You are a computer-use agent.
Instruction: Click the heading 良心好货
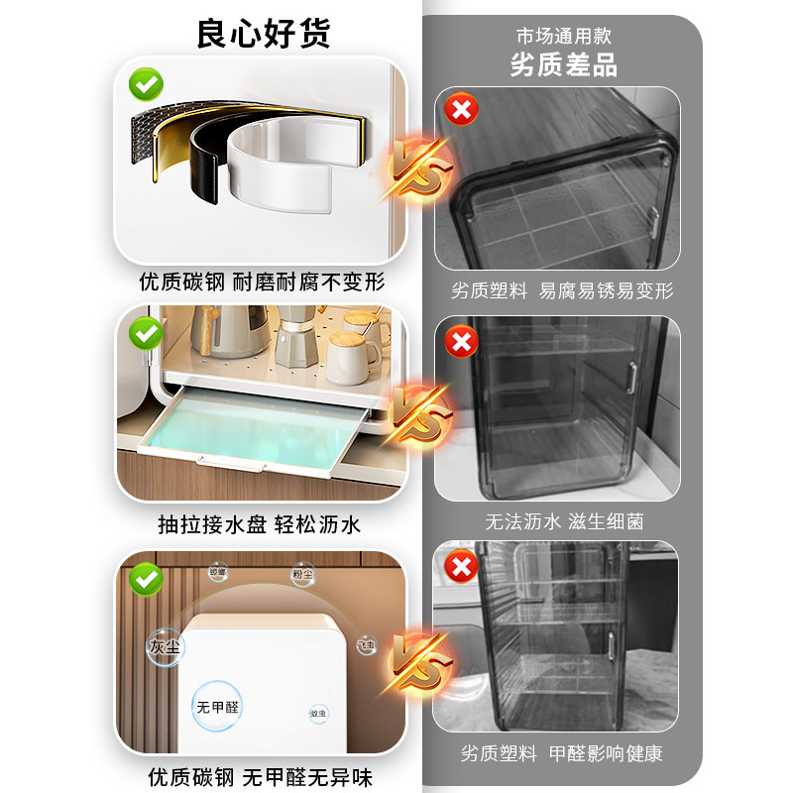[x=263, y=33]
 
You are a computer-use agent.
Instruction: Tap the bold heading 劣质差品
[x=563, y=65]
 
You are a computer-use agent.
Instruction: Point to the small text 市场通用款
[x=563, y=36]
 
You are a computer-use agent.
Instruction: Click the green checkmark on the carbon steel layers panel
[x=147, y=83]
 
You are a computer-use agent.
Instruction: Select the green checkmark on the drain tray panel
[x=147, y=330]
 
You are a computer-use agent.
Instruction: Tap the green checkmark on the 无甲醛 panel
[x=147, y=578]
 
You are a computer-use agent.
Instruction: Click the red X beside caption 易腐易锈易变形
[x=461, y=109]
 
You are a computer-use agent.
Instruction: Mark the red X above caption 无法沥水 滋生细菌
[x=461, y=342]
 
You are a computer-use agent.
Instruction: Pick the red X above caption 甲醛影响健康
[x=461, y=567]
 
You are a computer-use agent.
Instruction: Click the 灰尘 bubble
[x=165, y=646]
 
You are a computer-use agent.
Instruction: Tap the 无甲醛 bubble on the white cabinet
[x=217, y=706]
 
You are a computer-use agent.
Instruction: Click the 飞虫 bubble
[x=367, y=645]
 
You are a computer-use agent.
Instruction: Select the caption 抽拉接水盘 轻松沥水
[x=260, y=524]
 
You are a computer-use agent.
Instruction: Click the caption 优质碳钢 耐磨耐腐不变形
[x=261, y=282]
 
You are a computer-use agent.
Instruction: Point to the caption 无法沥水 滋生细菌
[x=563, y=520]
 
